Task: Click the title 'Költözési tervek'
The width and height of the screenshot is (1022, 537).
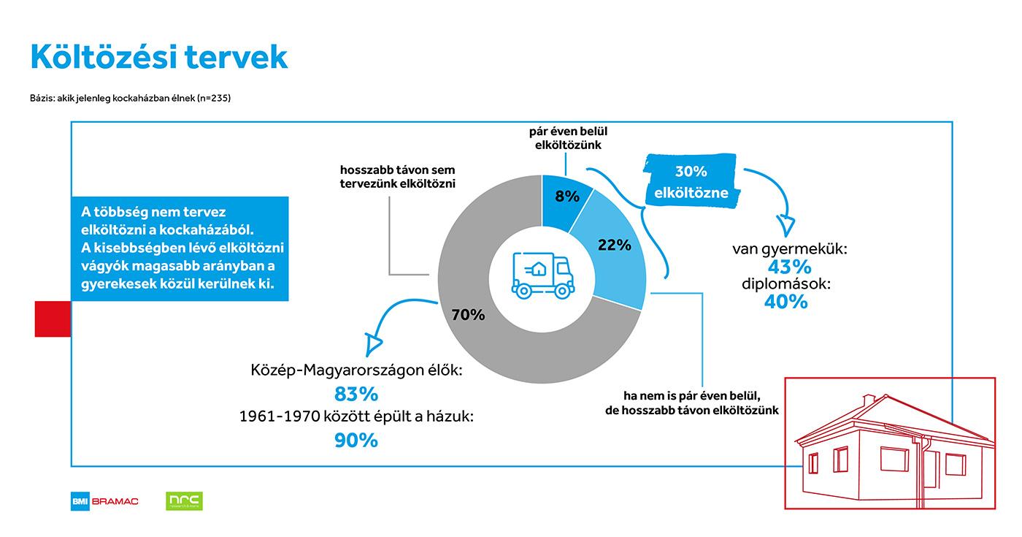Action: [159, 57]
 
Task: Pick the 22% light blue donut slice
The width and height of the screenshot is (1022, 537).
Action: [614, 249]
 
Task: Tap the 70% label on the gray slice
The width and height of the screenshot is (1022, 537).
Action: [468, 315]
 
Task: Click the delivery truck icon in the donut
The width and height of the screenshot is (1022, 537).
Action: [542, 276]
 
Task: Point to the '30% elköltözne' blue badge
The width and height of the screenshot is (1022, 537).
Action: [691, 181]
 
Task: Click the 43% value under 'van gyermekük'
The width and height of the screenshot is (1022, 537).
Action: [789, 267]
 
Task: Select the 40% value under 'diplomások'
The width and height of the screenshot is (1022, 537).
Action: [786, 302]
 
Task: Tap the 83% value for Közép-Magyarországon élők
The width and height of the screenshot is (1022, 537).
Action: [356, 394]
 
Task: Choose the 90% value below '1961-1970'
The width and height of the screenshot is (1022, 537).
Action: [356, 441]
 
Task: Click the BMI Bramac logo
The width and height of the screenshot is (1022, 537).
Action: [104, 501]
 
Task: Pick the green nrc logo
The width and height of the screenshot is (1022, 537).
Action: [184, 501]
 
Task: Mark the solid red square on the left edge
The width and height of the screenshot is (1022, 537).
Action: [53, 319]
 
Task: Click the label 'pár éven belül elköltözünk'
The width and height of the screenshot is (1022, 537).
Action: [568, 138]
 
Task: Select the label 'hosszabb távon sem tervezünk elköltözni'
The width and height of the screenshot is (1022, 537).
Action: [397, 177]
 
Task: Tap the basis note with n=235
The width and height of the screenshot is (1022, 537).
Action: [131, 98]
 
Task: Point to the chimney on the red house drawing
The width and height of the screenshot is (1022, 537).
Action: [868, 400]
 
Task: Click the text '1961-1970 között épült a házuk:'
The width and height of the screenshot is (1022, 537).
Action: [356, 416]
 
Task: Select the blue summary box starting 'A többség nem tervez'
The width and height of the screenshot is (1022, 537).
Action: [180, 248]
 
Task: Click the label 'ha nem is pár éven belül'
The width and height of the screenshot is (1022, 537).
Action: [692, 396]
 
